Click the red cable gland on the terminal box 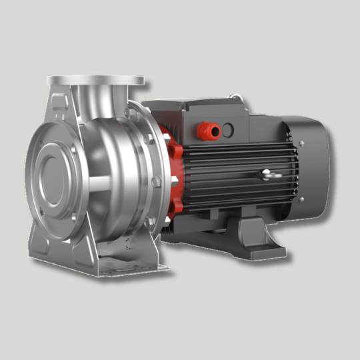click(211, 131)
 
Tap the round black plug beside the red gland click(229, 128)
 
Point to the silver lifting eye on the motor click(267, 175)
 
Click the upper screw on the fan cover click(301, 143)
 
